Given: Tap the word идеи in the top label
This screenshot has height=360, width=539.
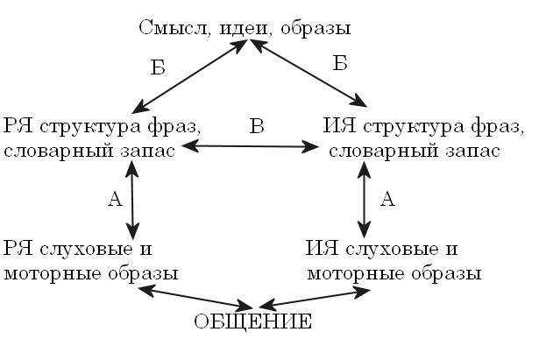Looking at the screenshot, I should click(x=230, y=27).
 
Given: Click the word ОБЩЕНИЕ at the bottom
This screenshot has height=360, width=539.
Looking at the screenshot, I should click(x=252, y=322).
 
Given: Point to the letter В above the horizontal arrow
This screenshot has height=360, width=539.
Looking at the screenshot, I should click(x=257, y=126).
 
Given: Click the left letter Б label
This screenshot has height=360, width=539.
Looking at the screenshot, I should click(x=157, y=69).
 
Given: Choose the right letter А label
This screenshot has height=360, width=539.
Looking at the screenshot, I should click(x=387, y=199).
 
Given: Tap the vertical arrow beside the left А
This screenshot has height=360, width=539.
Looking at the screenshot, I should click(x=132, y=202).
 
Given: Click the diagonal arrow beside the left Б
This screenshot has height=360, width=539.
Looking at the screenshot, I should click(x=187, y=79).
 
